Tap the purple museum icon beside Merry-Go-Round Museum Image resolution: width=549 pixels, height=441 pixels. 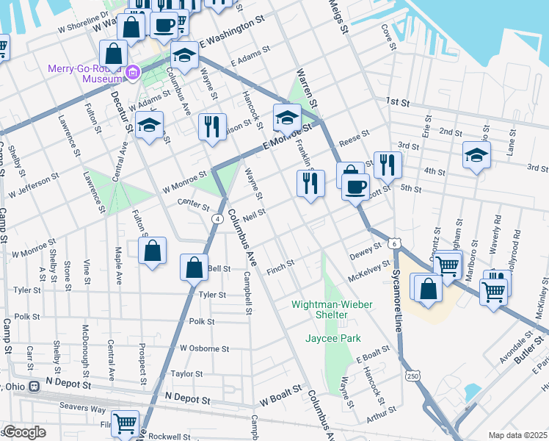pyautogui.click(x=133, y=72)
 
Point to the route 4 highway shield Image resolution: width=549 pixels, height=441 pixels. pyautogui.click(x=218, y=219)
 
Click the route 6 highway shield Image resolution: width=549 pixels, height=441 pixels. pyautogui.click(x=395, y=243)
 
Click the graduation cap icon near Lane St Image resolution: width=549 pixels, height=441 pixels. pyautogui.click(x=476, y=156)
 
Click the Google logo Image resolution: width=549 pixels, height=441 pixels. pyautogui.click(x=24, y=432)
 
